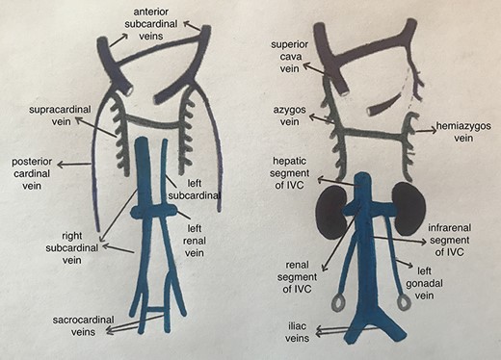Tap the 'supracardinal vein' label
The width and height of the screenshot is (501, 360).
point(52,116)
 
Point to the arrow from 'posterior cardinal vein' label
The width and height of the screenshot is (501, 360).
point(79,165)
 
